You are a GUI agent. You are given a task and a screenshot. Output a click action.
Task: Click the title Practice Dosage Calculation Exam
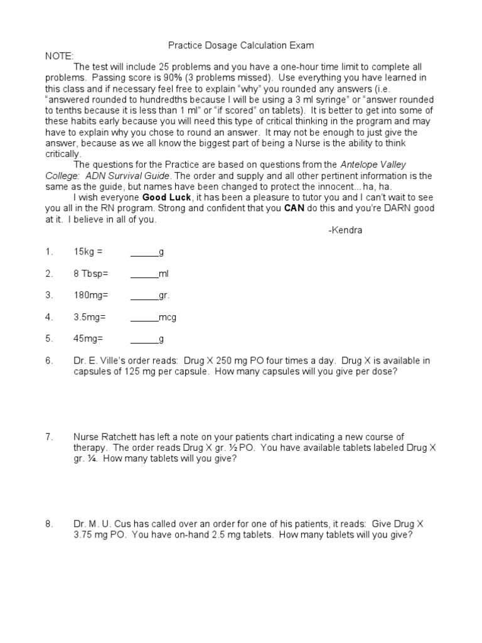241,45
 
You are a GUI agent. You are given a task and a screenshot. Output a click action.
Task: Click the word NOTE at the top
59,56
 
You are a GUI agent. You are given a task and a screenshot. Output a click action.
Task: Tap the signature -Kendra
345,230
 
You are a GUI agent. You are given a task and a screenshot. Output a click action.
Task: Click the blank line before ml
144,274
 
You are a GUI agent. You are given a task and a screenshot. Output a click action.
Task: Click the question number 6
48,360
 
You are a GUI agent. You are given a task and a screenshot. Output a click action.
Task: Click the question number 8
48,524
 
